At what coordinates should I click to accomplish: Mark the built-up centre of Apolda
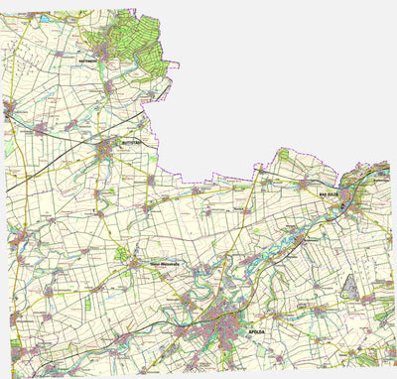220,324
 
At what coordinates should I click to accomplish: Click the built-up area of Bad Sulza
346,198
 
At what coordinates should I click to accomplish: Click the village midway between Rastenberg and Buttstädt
109,87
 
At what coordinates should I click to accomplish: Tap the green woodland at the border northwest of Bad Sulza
283,156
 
